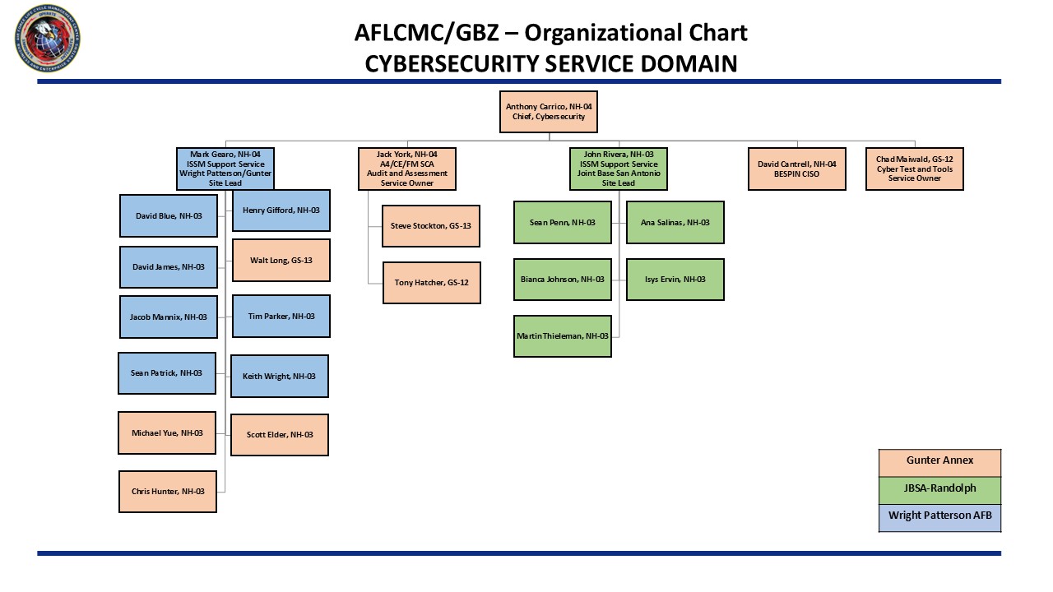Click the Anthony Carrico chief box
(548, 112)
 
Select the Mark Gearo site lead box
(225, 169)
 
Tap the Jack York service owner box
(406, 169)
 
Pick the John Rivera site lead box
(618, 169)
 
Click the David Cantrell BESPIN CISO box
(796, 169)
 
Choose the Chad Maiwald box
(914, 169)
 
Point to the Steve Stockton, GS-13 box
(431, 225)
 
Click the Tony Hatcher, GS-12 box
(431, 283)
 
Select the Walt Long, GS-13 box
(281, 261)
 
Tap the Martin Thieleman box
(562, 335)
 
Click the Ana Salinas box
(675, 222)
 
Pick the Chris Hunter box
(167, 491)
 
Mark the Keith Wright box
(279, 376)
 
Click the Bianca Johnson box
(562, 279)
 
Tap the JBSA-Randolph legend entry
(939, 489)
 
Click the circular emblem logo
(48, 38)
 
